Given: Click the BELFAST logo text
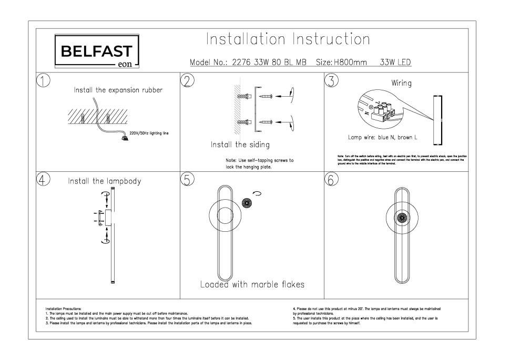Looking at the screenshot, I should pyautogui.click(x=97, y=51).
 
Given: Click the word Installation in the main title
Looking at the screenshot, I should pyautogui.click(x=245, y=39).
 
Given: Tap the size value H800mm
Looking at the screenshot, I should pyautogui.click(x=350, y=63).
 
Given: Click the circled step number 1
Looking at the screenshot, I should pyautogui.click(x=44, y=80).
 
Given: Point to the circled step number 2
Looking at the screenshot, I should pyautogui.click(x=187, y=80).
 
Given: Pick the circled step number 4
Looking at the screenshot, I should pyautogui.click(x=44, y=179).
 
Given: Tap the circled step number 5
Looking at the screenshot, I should pyautogui.click(x=187, y=179).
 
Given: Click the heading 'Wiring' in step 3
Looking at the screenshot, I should pyautogui.click(x=401, y=83).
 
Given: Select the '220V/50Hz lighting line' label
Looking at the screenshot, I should pyautogui.click(x=149, y=133).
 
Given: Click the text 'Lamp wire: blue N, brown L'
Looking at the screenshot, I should pyautogui.click(x=382, y=137).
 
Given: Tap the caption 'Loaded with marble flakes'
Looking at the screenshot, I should pyautogui.click(x=252, y=285).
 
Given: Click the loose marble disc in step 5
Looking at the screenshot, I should pyautogui.click(x=247, y=204).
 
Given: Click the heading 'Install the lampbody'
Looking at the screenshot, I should pyautogui.click(x=104, y=181).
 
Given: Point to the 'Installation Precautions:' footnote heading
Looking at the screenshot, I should pyautogui.click(x=63, y=308).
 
